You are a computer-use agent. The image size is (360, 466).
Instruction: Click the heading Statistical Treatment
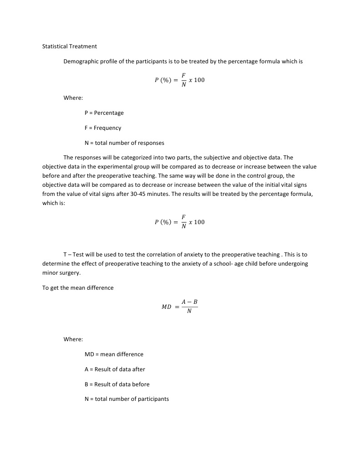pyautogui.click(x=69, y=46)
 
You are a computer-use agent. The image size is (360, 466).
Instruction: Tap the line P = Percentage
pyautogui.click(x=104, y=113)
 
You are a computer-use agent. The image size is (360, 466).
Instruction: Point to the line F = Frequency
pyautogui.click(x=103, y=128)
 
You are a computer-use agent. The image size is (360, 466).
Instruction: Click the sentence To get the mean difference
pyautogui.click(x=78, y=287)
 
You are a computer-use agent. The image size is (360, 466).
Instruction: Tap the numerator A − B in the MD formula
pyautogui.click(x=189, y=302)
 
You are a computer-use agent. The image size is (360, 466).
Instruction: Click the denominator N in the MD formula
pyautogui.click(x=189, y=312)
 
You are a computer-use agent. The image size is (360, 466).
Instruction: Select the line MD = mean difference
pyautogui.click(x=114, y=354)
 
